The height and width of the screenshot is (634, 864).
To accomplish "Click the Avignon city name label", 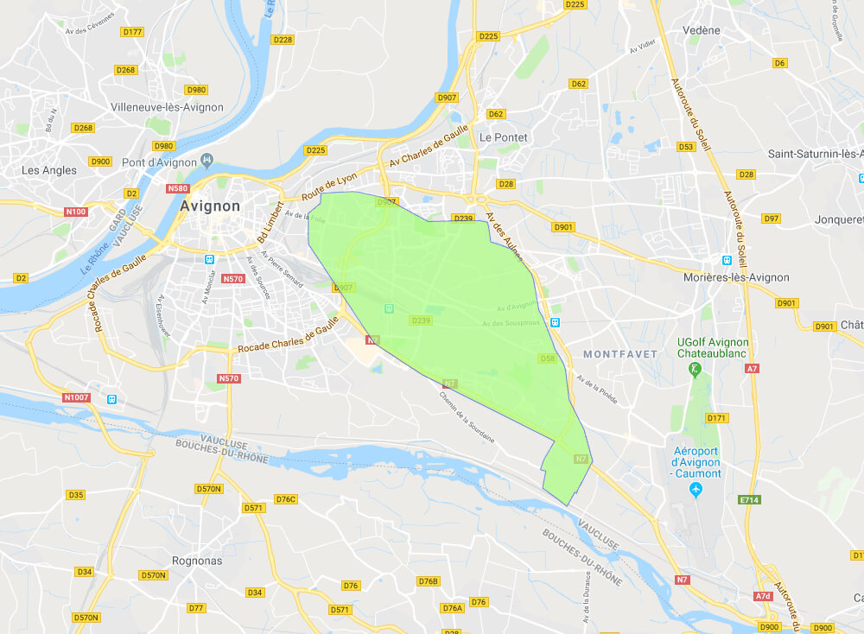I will [x=211, y=206].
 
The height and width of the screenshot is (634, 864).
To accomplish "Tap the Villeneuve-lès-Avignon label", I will [x=167, y=108].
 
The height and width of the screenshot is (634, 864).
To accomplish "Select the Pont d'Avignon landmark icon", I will [x=206, y=161].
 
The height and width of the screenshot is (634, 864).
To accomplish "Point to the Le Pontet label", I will [x=503, y=137].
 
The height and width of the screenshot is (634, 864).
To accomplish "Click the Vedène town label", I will [x=701, y=30].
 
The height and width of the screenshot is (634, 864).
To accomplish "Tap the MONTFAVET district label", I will [x=620, y=354].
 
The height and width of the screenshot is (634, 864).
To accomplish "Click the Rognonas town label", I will [x=198, y=561].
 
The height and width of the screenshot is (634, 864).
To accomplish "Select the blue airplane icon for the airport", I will [x=697, y=491].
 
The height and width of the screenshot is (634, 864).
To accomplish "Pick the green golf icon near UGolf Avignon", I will [x=694, y=370].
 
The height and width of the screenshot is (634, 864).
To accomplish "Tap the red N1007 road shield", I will [x=77, y=397].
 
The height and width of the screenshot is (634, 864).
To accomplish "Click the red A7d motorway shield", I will [x=762, y=596].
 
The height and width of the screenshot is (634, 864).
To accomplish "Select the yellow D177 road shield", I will [x=132, y=32].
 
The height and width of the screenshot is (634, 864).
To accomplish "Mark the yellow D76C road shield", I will [x=285, y=499].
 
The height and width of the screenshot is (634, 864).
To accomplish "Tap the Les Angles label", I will [x=49, y=170].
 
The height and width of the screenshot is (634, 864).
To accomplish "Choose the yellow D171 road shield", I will [x=717, y=418].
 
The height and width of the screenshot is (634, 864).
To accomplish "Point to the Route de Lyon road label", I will [x=329, y=183].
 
